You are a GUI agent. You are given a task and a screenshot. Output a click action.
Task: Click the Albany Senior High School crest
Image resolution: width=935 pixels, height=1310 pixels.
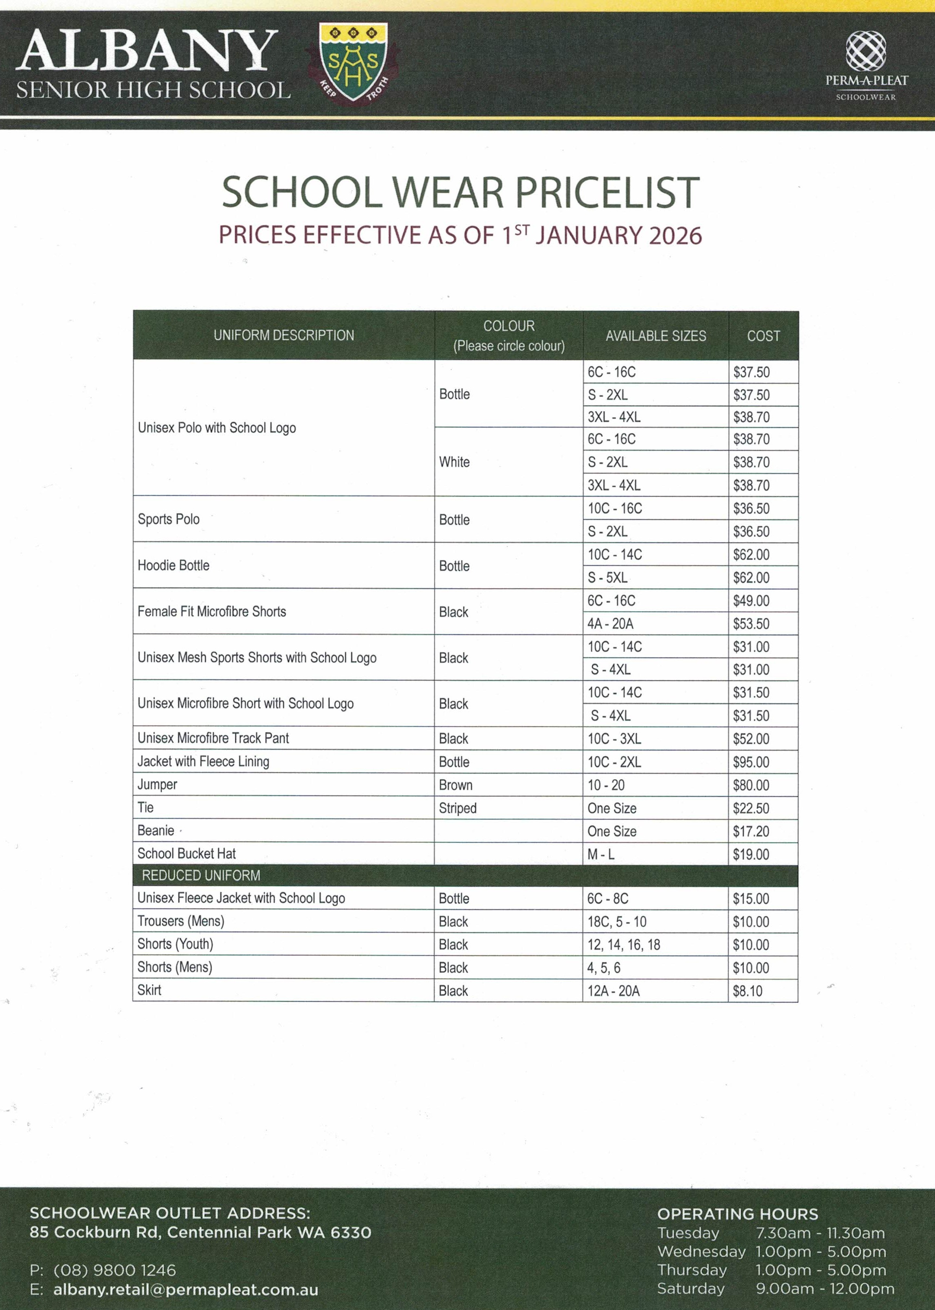click(x=353, y=62)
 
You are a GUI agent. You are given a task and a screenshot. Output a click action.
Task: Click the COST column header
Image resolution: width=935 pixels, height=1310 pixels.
click(x=764, y=336)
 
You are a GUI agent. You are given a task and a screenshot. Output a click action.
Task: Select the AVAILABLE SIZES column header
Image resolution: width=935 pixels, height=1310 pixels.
click(x=656, y=336)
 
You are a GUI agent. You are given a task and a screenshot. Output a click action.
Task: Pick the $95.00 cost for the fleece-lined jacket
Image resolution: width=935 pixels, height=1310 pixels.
click(x=751, y=762)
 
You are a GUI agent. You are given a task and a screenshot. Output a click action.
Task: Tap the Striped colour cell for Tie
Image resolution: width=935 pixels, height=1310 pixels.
click(x=458, y=808)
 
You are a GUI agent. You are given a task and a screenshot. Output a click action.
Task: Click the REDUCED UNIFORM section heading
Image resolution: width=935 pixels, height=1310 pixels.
click(x=201, y=876)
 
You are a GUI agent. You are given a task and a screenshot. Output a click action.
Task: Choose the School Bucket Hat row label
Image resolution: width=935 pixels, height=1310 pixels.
click(x=187, y=854)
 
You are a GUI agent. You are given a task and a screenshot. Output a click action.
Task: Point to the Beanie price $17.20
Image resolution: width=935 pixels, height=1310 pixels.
click(x=751, y=831)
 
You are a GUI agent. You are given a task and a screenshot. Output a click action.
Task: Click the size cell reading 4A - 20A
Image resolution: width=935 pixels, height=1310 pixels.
click(x=610, y=624)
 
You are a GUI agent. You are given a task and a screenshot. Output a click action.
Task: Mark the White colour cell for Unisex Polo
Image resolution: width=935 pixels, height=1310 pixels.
click(x=454, y=462)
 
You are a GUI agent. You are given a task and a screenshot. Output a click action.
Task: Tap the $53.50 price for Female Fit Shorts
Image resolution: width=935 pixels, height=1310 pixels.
click(x=751, y=624)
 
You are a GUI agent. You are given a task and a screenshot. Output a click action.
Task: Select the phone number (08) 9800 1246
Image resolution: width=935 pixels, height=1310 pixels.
click(x=115, y=1270)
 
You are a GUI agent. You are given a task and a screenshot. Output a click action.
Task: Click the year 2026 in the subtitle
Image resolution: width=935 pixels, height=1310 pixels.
click(x=675, y=235)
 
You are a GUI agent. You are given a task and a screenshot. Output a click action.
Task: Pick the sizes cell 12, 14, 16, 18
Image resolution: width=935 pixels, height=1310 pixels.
click(x=623, y=945)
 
